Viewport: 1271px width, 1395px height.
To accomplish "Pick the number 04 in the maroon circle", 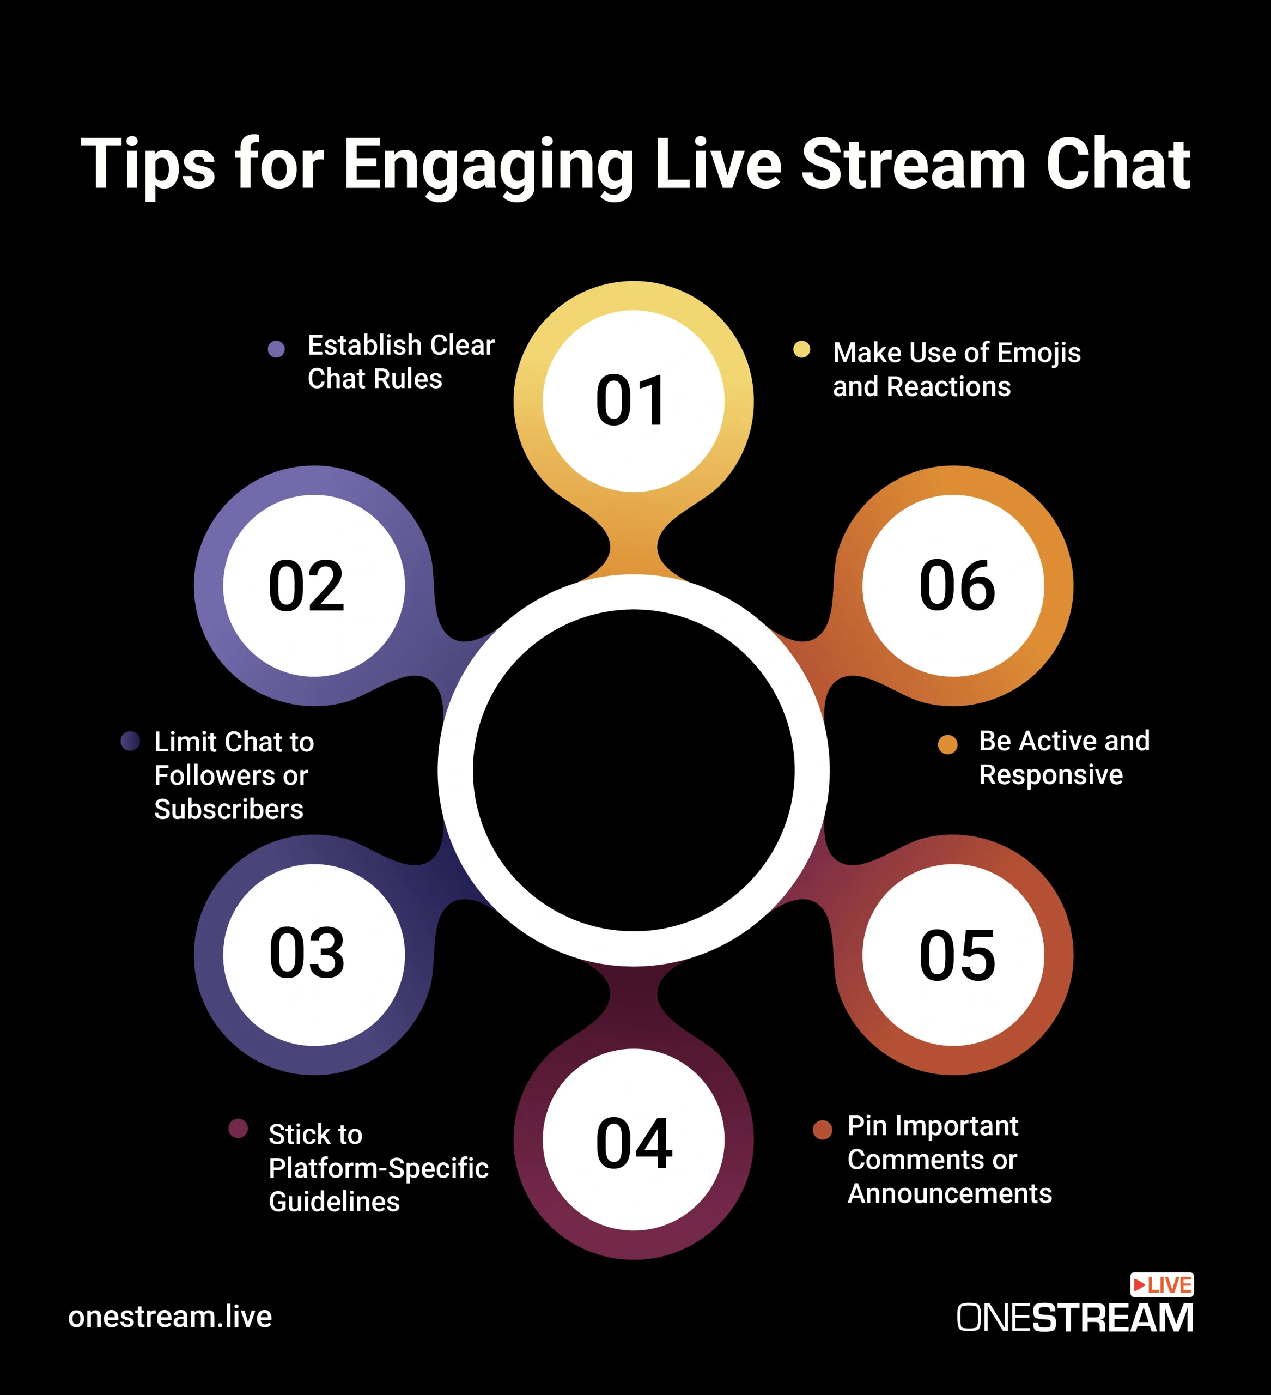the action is click(634, 1143).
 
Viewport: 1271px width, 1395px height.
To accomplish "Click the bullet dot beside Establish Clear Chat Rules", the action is click(276, 349).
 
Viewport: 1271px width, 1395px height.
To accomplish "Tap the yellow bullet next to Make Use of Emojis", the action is click(801, 349).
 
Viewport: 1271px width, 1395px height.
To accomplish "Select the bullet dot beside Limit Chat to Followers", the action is click(130, 741).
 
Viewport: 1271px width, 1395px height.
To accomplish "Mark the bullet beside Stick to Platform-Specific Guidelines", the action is click(238, 1129).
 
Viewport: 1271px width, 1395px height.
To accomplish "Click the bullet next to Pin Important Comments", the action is click(822, 1129).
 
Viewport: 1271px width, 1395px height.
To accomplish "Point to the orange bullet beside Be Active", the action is click(947, 744).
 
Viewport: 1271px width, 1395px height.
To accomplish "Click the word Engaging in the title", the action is click(489, 166).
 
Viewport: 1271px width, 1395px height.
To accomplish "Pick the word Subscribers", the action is click(228, 809).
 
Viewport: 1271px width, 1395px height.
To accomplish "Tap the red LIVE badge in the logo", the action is click(1161, 1285).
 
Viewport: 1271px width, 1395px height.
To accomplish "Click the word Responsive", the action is click(1050, 775).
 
